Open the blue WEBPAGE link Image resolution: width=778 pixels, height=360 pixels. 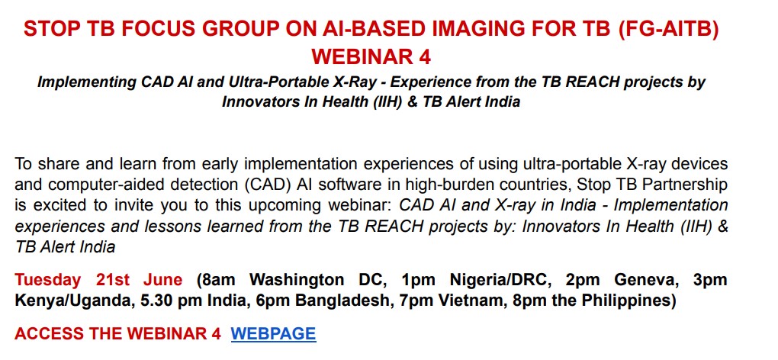(x=273, y=334)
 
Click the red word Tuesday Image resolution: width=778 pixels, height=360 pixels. (x=47, y=281)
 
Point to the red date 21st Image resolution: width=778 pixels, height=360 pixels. (x=113, y=280)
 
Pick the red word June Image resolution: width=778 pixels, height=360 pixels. (x=162, y=280)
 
